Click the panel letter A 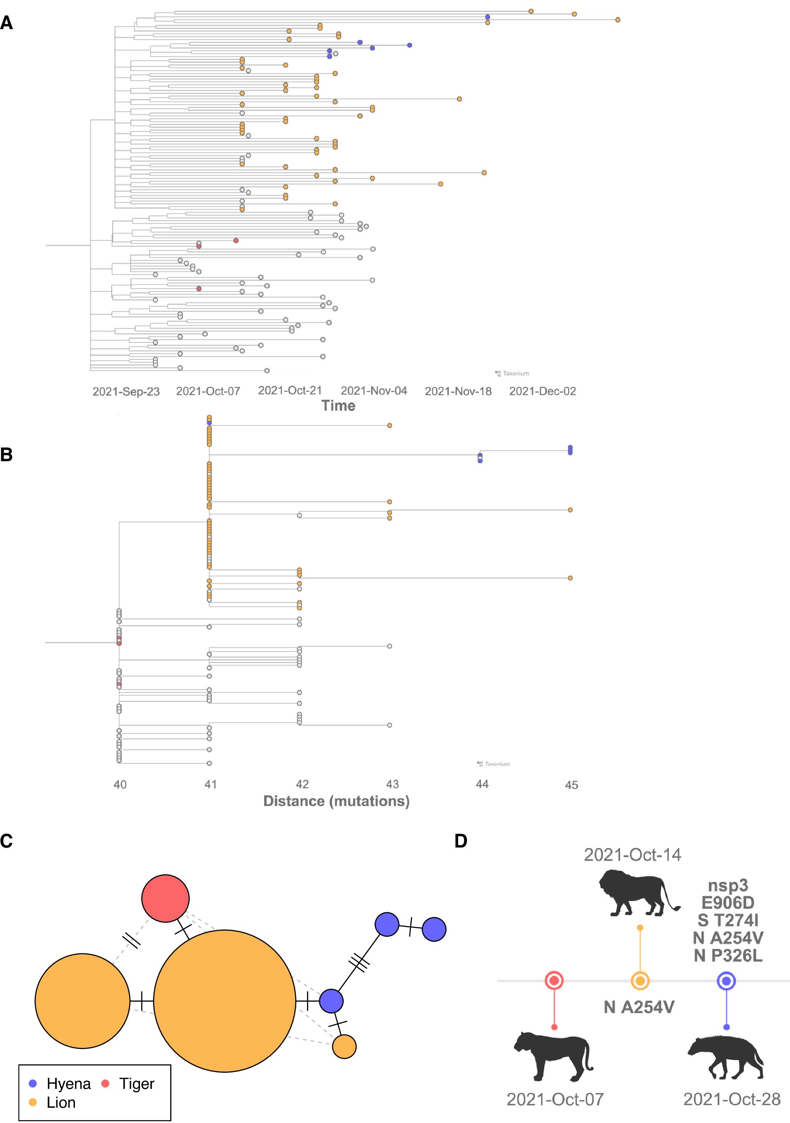tap(6, 23)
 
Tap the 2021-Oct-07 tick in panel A tap(208, 391)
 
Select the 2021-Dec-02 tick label tap(542, 391)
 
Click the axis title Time tap(338, 406)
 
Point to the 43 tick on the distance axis tap(393, 785)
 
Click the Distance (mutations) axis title tap(336, 801)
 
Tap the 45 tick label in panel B tap(572, 785)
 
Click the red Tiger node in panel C tap(166, 899)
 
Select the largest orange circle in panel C tap(224, 1001)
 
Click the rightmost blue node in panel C tap(434, 929)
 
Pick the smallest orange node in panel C tap(345, 1047)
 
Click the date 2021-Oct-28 tap(731, 1100)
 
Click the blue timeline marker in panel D tap(726, 981)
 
